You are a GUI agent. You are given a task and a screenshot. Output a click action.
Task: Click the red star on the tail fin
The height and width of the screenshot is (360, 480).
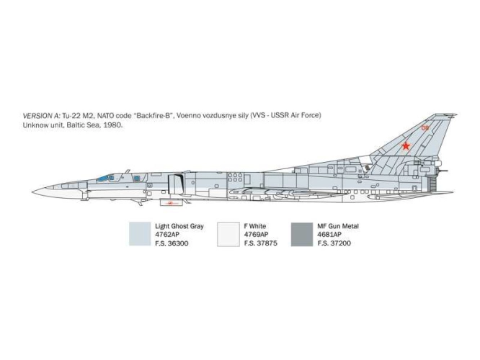[x=406, y=146]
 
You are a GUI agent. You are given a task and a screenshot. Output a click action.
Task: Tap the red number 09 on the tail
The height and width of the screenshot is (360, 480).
[x=425, y=128]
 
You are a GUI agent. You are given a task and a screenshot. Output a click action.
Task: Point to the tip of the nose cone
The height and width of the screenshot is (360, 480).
[x=32, y=192]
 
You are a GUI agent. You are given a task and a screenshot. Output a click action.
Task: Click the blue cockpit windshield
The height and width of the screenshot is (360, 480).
[x=103, y=179]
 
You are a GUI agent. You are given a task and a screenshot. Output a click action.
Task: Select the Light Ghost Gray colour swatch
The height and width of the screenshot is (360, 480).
[x=140, y=234]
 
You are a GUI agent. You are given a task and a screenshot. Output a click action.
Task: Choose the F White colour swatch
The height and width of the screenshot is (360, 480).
[x=228, y=234]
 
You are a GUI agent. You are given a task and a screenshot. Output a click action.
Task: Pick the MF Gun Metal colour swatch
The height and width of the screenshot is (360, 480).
[x=302, y=234]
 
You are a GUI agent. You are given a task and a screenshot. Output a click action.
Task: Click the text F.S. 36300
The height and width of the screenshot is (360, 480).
[x=172, y=243]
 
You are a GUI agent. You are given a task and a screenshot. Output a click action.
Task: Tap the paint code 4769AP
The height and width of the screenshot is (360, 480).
[x=256, y=235]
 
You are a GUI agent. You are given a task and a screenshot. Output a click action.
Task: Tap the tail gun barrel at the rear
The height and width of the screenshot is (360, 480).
[x=443, y=171]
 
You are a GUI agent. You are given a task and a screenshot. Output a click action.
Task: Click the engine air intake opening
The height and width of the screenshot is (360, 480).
[x=176, y=184]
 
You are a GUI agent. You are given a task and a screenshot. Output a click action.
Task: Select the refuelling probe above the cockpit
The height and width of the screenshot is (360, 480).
[x=128, y=171]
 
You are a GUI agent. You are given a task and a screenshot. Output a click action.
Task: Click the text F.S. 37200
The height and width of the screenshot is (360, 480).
[x=334, y=243]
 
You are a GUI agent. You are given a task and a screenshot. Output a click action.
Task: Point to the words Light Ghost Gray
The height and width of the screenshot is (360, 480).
[x=179, y=226]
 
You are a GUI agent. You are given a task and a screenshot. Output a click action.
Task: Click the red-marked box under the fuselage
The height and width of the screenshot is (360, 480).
[x=171, y=202]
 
